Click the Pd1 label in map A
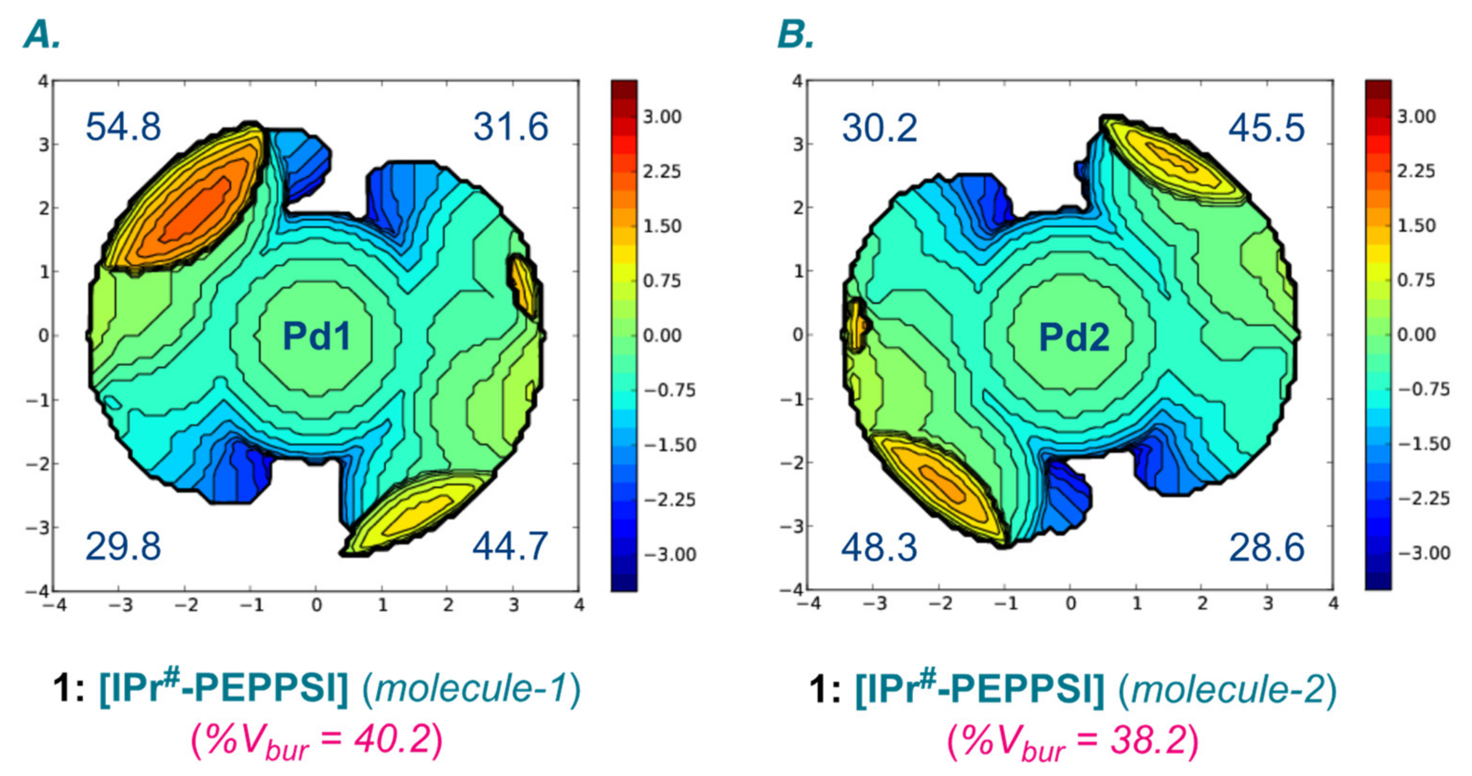point(316,336)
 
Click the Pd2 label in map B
point(1074,337)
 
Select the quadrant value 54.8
point(123,127)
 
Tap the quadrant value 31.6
point(511,127)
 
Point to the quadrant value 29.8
point(123,546)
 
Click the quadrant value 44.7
point(510,546)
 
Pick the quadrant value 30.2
point(880,128)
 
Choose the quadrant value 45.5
point(1267,128)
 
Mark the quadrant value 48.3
point(879,547)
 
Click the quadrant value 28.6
point(1267,547)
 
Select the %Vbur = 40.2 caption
point(316,741)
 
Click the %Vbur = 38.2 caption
point(1073,741)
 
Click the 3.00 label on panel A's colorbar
point(662,117)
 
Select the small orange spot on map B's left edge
point(855,325)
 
